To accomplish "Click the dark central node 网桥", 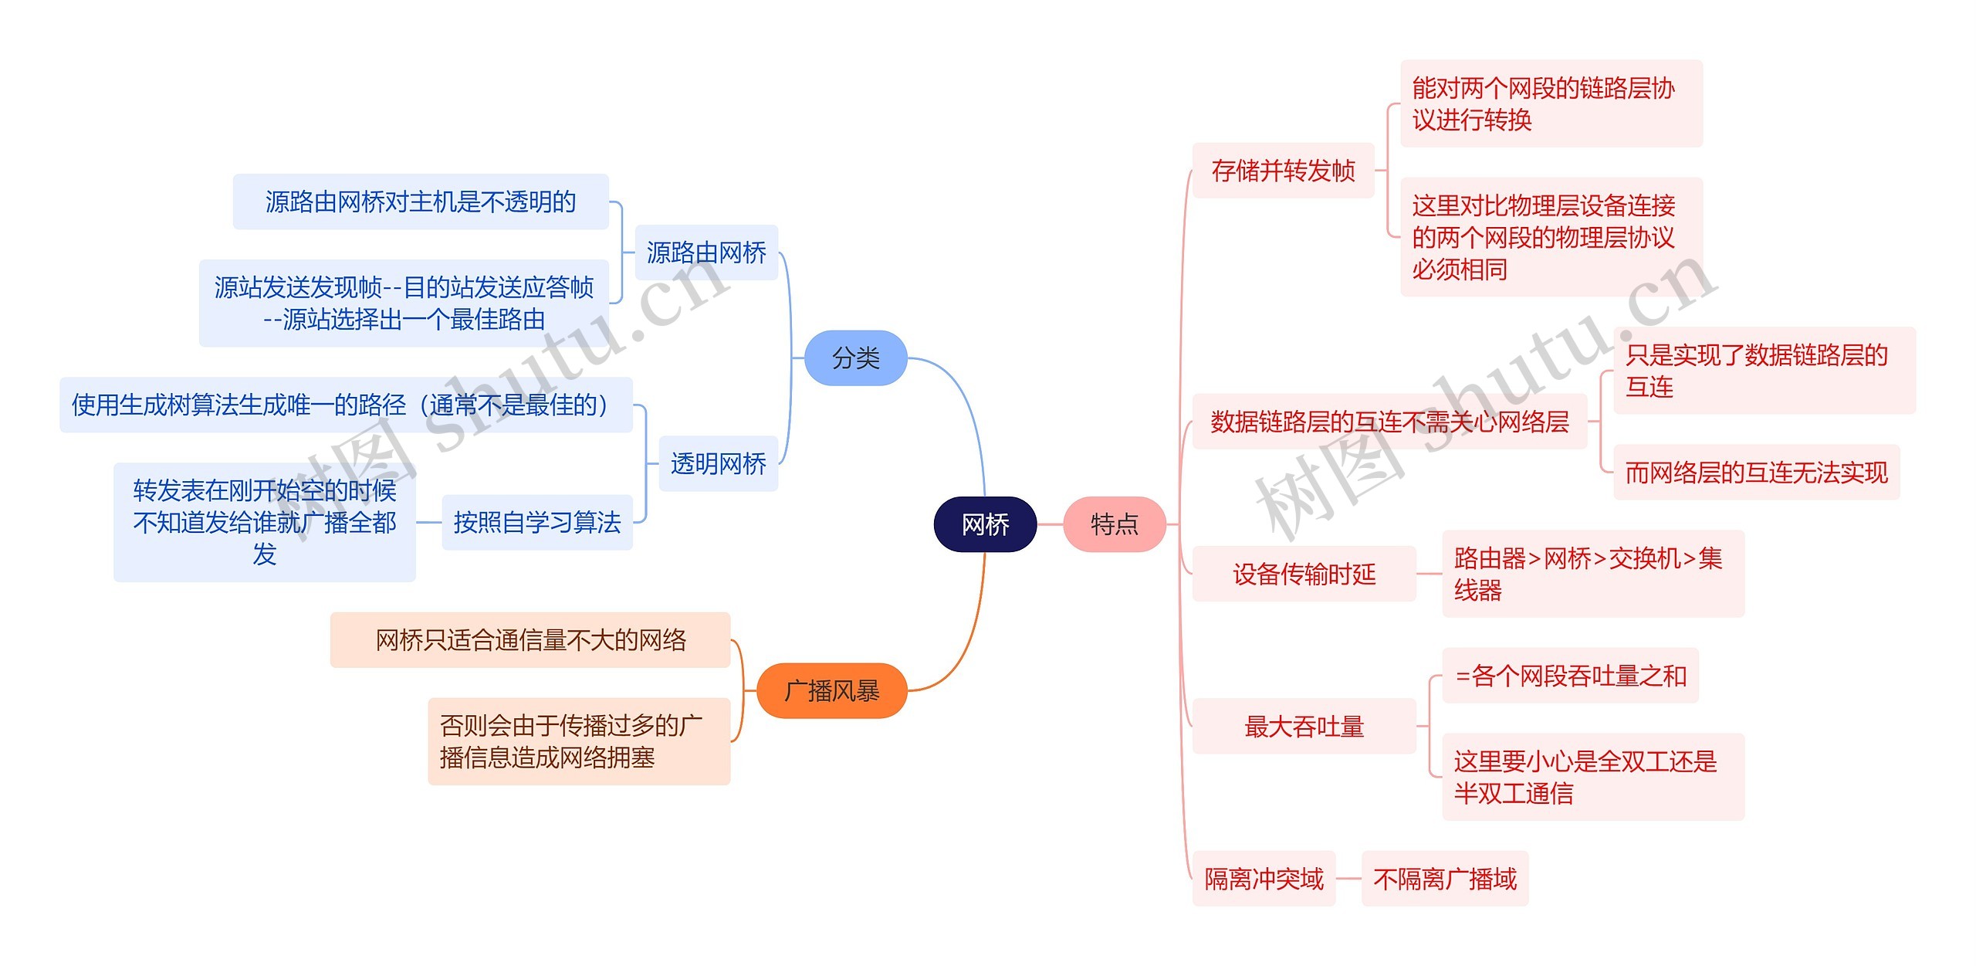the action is [985, 524].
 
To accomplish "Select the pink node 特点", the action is [1114, 524].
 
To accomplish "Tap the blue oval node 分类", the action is [855, 358].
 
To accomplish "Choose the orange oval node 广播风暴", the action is [831, 690].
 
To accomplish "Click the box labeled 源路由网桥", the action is [705, 253].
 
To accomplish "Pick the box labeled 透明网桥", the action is [718, 463].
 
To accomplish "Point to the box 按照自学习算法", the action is [536, 523].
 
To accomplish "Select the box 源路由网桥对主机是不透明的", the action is [421, 202].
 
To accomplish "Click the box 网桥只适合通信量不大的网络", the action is [530, 640].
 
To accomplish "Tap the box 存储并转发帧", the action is [1283, 170].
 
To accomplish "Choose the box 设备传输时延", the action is [1304, 574].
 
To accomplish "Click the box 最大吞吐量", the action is [1304, 726].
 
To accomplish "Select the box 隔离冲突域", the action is [1264, 879].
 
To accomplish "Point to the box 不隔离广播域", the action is [1444, 879].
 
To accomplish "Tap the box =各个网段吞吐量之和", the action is [1570, 676].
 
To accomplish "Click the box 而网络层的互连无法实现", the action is [1756, 472].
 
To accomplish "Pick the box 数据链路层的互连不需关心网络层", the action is [1389, 422].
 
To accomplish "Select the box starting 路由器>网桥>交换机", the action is [1592, 574].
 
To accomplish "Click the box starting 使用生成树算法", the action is [346, 405].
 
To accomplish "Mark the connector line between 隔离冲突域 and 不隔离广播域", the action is [1348, 879].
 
